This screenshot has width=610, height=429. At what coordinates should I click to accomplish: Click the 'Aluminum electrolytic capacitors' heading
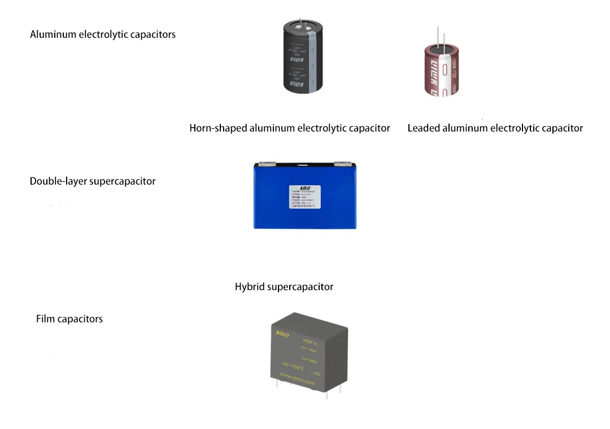click(103, 34)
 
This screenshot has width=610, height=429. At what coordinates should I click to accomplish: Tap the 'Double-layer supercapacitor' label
click(93, 181)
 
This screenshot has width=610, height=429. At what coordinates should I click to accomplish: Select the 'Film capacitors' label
click(69, 319)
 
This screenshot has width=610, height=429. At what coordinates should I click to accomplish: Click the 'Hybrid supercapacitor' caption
click(284, 287)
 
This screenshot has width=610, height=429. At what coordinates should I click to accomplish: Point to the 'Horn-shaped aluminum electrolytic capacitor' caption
click(290, 128)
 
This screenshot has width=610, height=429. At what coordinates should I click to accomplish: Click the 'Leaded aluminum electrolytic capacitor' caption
click(495, 128)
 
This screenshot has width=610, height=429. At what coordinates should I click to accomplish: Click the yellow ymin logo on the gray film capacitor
click(282, 334)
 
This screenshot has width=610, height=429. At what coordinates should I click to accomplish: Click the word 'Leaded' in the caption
click(424, 128)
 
